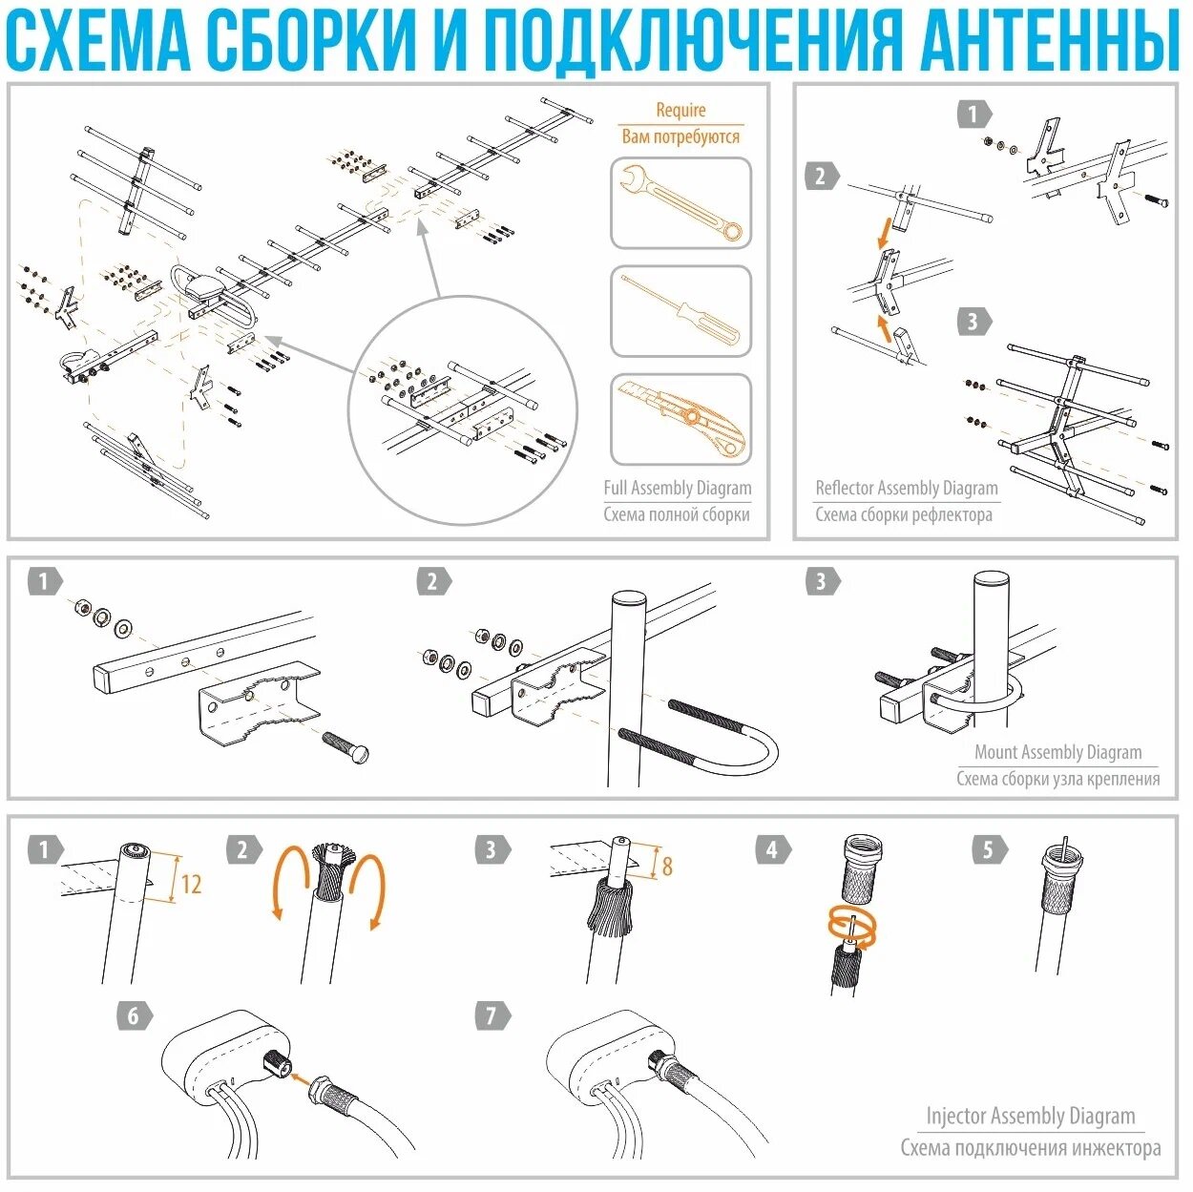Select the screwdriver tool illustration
coord(681,311)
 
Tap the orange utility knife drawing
coord(681,419)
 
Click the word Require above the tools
coord(680,110)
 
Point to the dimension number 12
coord(191,884)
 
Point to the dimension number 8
coord(667,866)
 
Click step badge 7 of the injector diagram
coord(492,1015)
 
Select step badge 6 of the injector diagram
coord(135,1015)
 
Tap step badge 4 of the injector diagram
coord(773,849)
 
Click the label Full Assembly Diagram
coord(678,488)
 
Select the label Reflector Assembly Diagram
coord(907,488)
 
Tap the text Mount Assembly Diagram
coord(1058,752)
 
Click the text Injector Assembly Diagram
coord(1031,1116)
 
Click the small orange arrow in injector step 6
coord(302,1078)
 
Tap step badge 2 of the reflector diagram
coord(822,177)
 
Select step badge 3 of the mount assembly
coord(822,581)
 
